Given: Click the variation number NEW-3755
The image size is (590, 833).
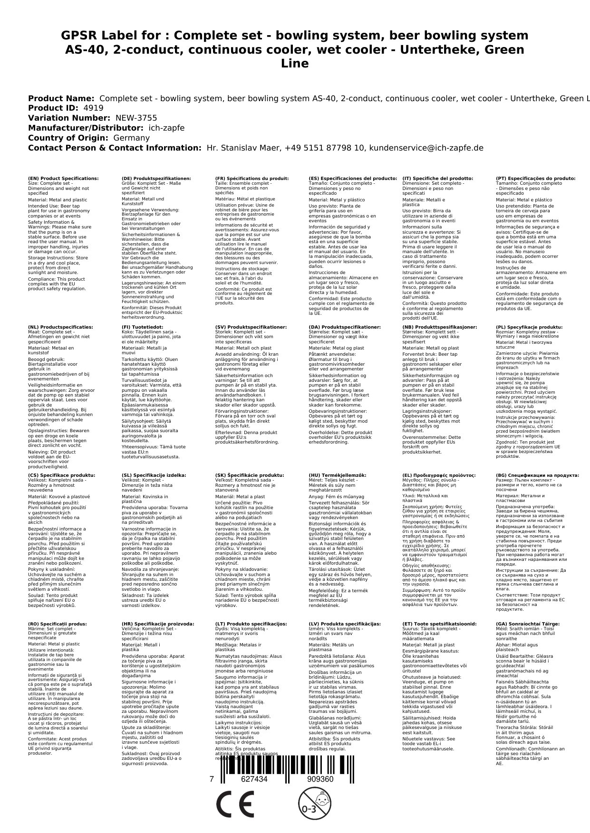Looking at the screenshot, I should (136, 118).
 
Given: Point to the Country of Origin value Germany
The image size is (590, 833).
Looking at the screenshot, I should (131, 138).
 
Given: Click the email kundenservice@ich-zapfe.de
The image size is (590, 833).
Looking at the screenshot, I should (426, 148).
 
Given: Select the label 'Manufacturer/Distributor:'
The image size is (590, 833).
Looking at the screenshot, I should (85, 128).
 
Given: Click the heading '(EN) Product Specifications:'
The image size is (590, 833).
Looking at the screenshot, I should (63, 179).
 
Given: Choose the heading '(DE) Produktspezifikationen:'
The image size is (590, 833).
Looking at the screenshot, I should (156, 179).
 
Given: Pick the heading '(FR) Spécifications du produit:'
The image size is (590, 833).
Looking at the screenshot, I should (251, 179).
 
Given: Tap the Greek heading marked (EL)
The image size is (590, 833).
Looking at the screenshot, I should (439, 475).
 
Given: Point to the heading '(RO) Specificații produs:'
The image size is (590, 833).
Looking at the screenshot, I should (57, 624).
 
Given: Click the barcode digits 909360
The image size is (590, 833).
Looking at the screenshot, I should (320, 779).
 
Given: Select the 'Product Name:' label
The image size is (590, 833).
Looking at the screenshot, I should (61, 98).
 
